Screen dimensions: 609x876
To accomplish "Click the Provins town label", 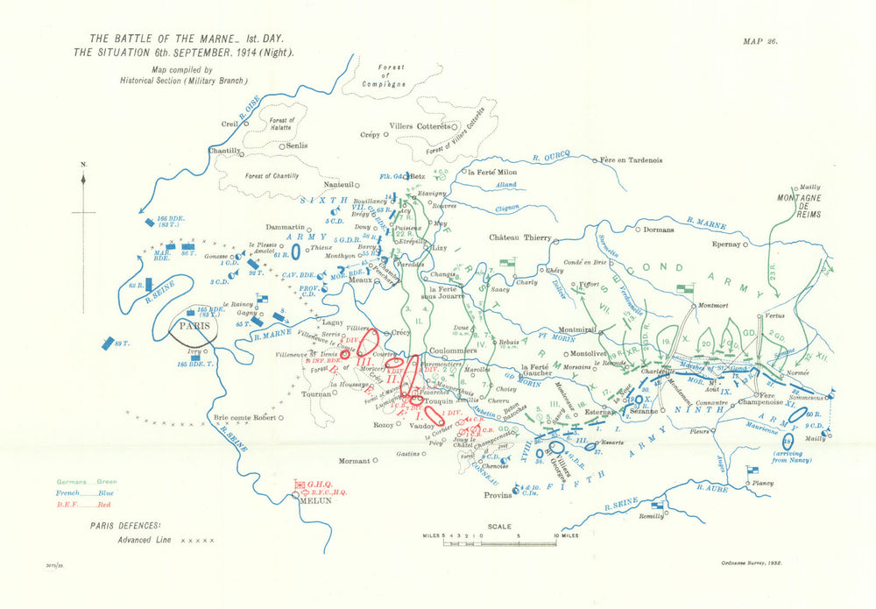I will coord(498,495).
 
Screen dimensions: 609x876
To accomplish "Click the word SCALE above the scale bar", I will coord(497,526).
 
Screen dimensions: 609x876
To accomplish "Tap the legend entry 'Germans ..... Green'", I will coord(87,481).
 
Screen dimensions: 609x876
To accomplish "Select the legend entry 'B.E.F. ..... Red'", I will coord(80,504).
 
